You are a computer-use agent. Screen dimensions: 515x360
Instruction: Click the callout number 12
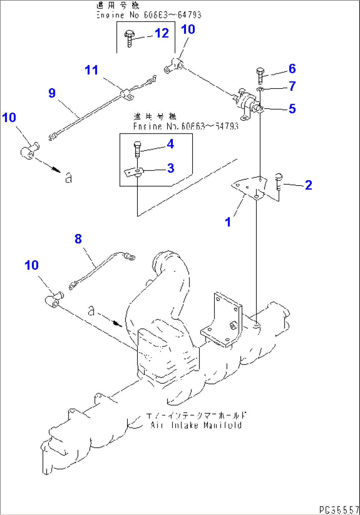click(x=162, y=33)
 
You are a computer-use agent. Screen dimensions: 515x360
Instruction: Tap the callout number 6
click(x=292, y=69)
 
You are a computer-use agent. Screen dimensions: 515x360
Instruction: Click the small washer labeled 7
click(x=260, y=89)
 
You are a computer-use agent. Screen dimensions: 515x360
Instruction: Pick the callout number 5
click(x=292, y=109)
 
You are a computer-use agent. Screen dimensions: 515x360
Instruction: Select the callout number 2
click(x=308, y=185)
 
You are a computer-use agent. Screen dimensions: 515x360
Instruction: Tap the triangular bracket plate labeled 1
click(x=249, y=188)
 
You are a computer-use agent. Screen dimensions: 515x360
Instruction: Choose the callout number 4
click(x=170, y=144)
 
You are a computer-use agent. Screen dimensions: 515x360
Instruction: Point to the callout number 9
click(x=52, y=93)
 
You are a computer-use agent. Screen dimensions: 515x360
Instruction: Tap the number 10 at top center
click(x=188, y=29)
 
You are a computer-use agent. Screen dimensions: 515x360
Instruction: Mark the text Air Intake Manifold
click(x=196, y=425)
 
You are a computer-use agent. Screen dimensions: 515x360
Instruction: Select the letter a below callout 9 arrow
click(x=68, y=179)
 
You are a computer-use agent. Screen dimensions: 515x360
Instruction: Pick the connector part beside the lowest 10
click(x=53, y=301)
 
